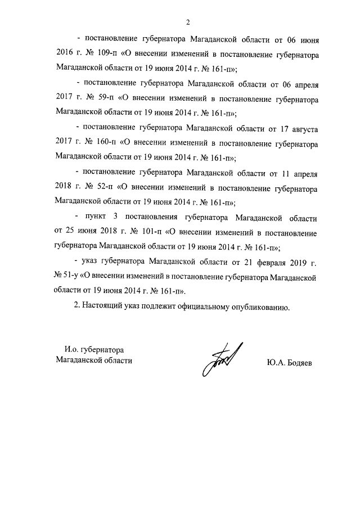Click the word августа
303,128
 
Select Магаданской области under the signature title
94,361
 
